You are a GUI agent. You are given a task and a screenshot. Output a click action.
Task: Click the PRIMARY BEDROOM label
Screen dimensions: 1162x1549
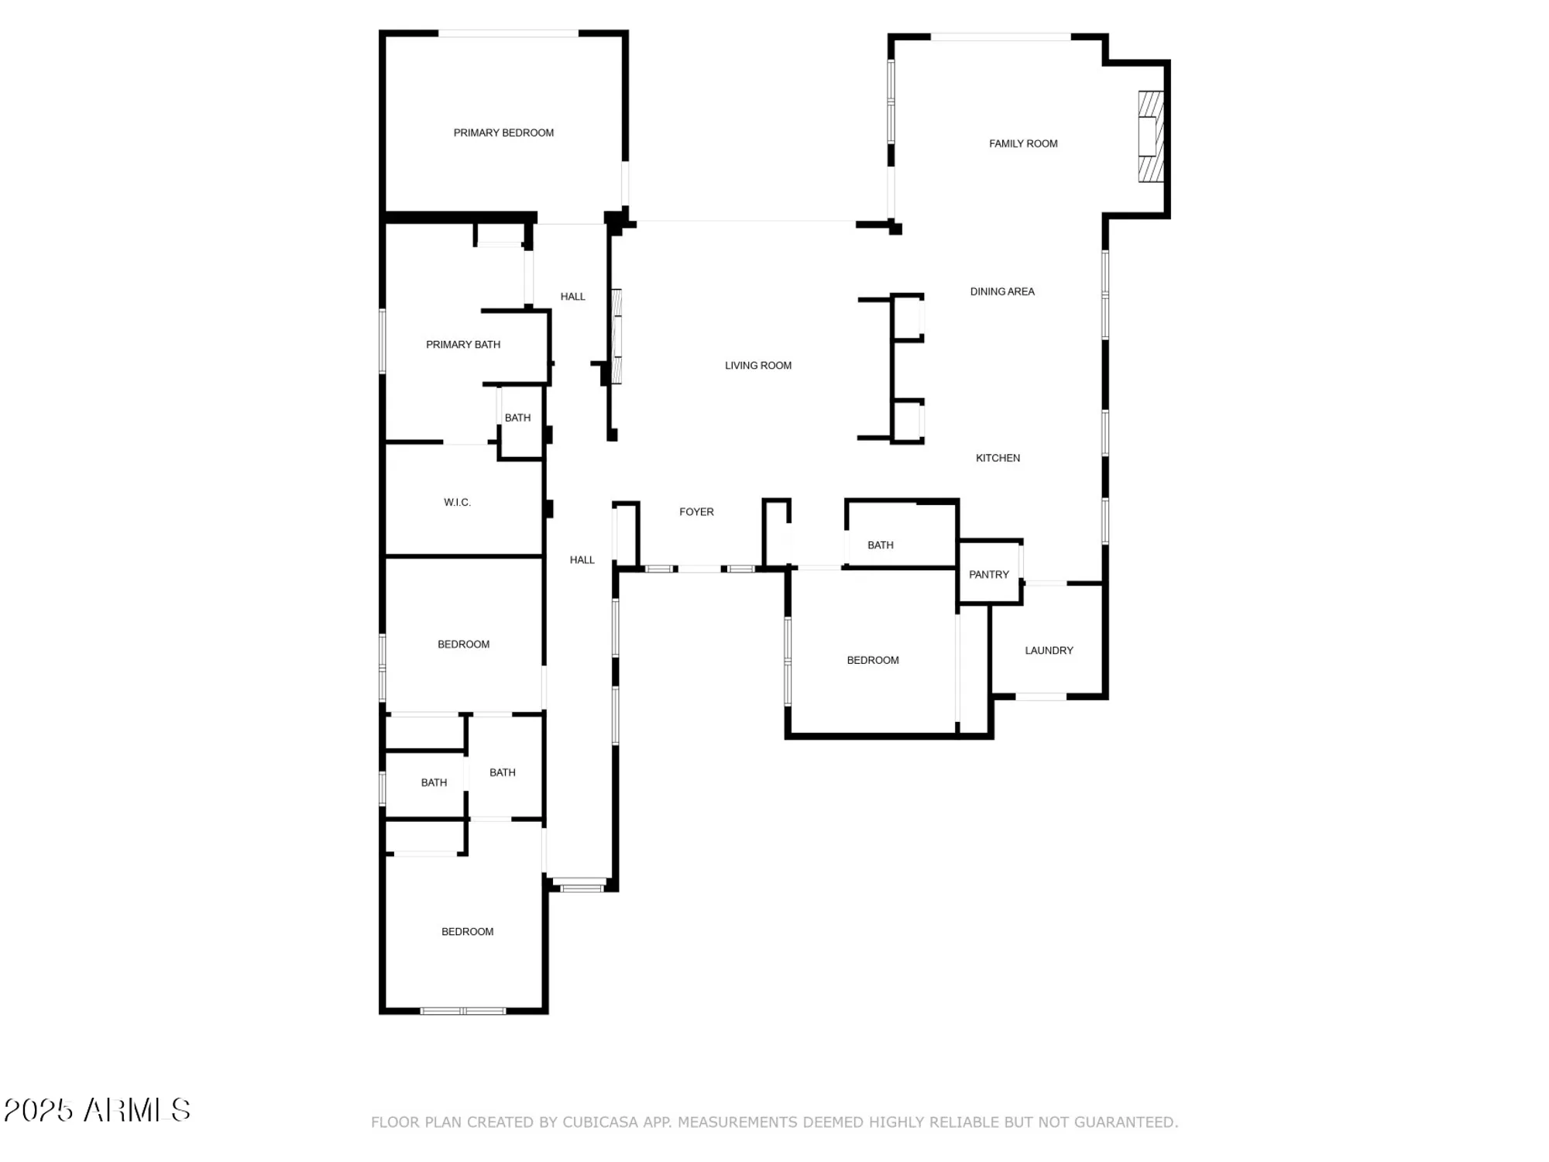click(x=503, y=133)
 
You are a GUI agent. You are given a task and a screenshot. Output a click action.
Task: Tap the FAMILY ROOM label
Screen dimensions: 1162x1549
click(x=1022, y=144)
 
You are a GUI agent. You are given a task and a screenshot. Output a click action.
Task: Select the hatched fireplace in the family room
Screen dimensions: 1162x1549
click(x=1150, y=137)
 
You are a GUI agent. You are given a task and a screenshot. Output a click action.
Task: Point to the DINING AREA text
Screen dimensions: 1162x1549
click(x=1002, y=292)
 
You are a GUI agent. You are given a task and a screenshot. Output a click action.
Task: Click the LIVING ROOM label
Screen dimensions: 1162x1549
click(x=757, y=366)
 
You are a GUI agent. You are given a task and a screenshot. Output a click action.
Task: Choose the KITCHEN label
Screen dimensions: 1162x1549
click(x=998, y=459)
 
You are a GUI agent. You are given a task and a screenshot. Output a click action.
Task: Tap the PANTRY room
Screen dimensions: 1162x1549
click(x=988, y=575)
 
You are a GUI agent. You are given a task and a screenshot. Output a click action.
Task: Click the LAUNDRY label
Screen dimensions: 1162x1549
click(x=1049, y=651)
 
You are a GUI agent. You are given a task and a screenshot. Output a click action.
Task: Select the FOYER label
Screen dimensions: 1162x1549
click(x=696, y=512)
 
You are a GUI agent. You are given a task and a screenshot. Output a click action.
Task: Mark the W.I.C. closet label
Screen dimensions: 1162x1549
click(x=457, y=503)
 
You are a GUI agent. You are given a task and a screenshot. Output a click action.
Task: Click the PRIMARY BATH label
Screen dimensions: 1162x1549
click(x=463, y=345)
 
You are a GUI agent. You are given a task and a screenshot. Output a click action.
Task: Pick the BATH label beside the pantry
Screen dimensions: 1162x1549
click(x=880, y=545)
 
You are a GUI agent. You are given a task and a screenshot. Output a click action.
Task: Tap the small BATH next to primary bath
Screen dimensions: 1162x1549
click(x=517, y=418)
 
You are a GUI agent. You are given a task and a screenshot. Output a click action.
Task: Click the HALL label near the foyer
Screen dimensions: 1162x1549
click(x=582, y=560)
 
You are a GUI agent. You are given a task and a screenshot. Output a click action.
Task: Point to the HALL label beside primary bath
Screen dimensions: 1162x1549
click(x=572, y=297)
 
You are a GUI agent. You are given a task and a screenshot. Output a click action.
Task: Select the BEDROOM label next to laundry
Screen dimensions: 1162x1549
click(x=872, y=661)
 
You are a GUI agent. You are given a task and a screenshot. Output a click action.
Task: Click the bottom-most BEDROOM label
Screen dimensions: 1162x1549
click(x=467, y=932)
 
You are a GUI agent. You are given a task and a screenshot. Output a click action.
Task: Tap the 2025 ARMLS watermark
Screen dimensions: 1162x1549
click(x=97, y=1110)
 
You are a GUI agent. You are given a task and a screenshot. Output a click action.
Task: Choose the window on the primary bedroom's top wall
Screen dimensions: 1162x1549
click(x=508, y=33)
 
